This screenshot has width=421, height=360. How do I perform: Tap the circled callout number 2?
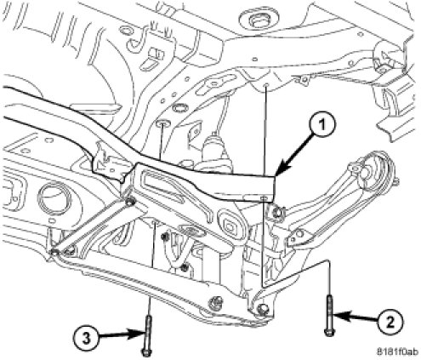390,323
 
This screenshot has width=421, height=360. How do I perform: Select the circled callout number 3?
87,339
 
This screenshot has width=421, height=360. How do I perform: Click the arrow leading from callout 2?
356,318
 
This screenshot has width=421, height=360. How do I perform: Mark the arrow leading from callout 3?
118,335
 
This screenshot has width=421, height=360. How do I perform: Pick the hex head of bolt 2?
328,332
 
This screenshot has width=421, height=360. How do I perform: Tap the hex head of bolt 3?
146,352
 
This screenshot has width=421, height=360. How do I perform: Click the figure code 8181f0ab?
397,351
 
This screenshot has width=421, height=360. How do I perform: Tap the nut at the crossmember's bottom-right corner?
262,309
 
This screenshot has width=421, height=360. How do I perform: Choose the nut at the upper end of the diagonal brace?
130,203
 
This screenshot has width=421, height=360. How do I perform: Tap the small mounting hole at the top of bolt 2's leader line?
265,85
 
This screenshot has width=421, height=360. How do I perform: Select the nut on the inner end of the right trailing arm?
278,211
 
